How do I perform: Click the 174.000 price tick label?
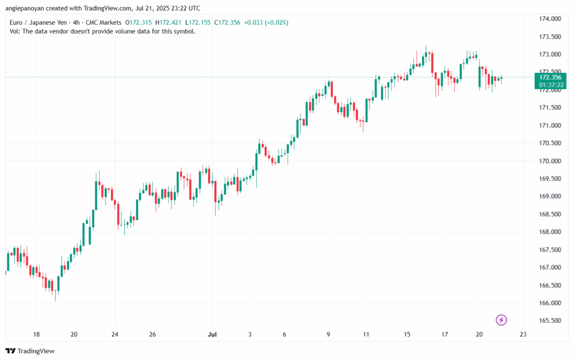pyautogui.click(x=550, y=19)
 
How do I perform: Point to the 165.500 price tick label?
pyautogui.click(x=550, y=321)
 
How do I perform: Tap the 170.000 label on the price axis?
pyautogui.click(x=550, y=161)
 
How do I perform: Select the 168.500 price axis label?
pyautogui.click(x=550, y=214)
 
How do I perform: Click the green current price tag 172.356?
pyautogui.click(x=550, y=77)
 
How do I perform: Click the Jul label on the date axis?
pyautogui.click(x=212, y=334)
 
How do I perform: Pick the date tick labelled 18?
pyautogui.click(x=36, y=334)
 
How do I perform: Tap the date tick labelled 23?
pyautogui.click(x=523, y=334)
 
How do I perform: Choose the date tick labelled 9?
pyautogui.click(x=328, y=334)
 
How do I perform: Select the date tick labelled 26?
pyautogui.click(x=152, y=334)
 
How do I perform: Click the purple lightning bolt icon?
pyautogui.click(x=502, y=320)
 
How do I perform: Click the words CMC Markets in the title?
pyautogui.click(x=102, y=22)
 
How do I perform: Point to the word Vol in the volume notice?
pyautogui.click(x=15, y=31)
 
